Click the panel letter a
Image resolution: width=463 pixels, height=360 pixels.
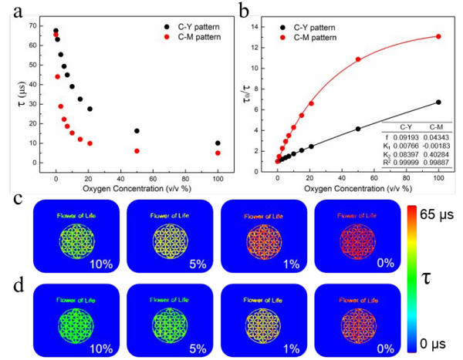click(10, 10)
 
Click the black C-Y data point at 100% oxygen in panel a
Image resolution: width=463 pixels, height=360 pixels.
click(218, 143)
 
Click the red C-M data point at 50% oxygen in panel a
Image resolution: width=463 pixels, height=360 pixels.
click(137, 151)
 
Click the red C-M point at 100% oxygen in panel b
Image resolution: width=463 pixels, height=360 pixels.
click(438, 36)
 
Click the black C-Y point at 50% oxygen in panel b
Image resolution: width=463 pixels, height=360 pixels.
click(358, 129)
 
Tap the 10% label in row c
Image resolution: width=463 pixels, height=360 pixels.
click(103, 264)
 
